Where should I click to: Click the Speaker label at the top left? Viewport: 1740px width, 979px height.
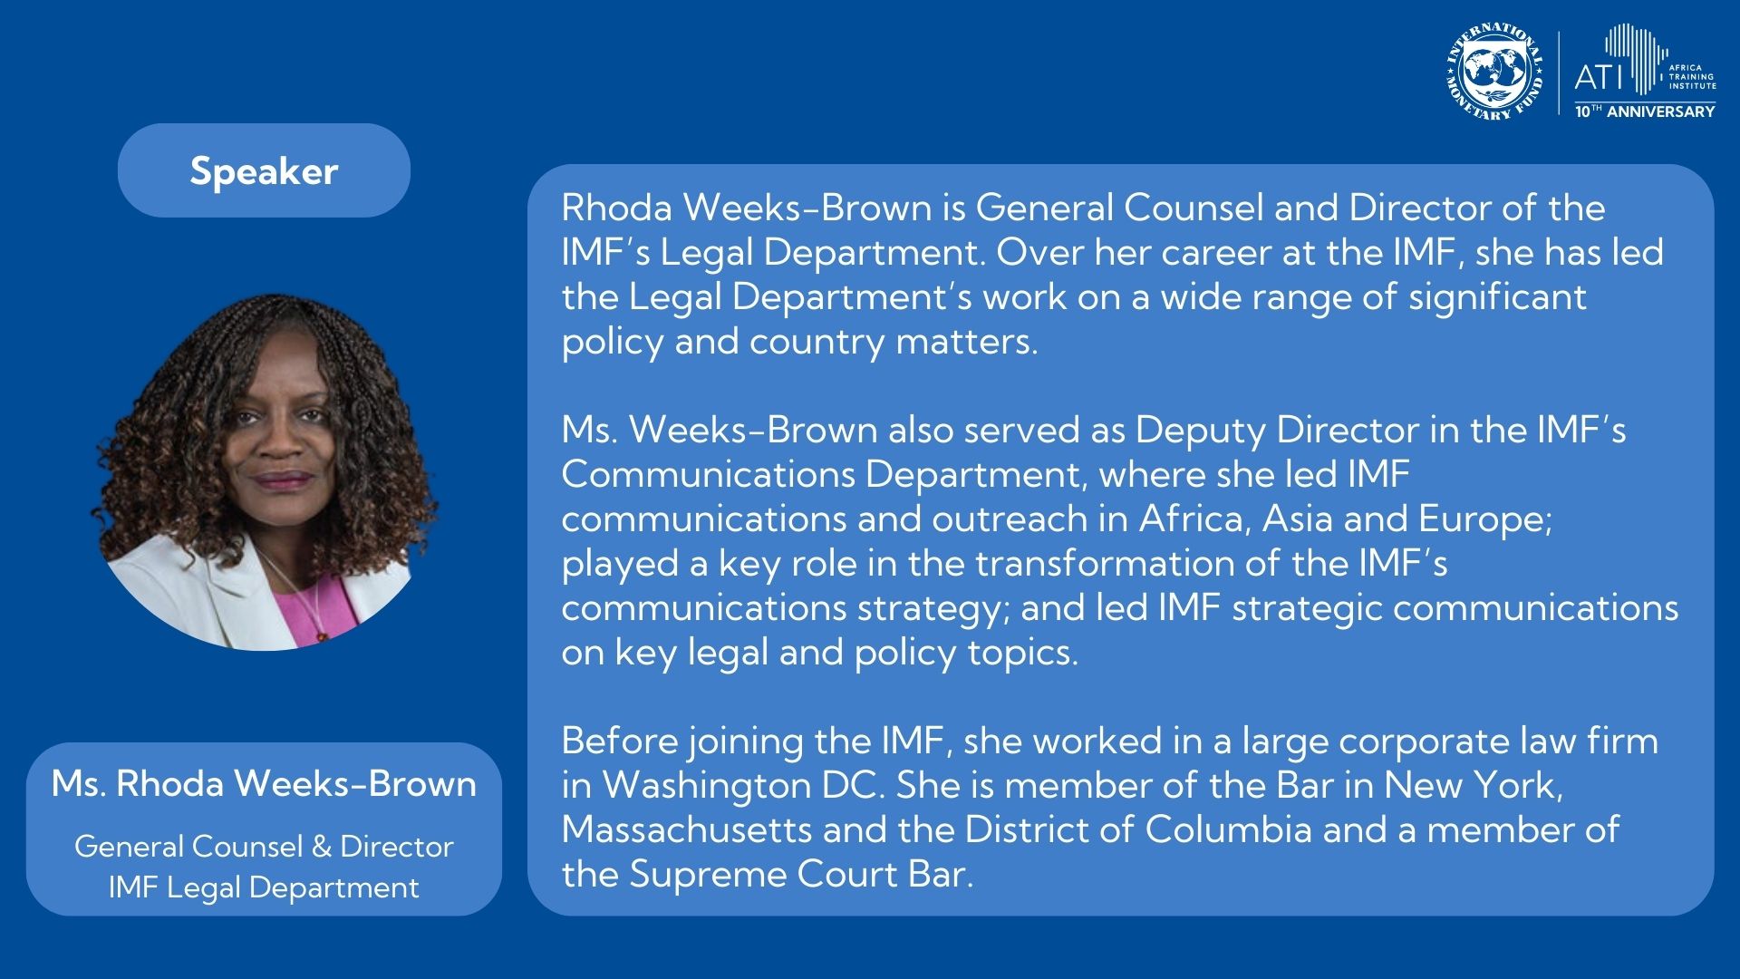(264, 170)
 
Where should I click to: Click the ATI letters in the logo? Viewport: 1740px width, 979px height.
(1600, 77)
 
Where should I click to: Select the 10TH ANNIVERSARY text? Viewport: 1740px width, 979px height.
(1645, 111)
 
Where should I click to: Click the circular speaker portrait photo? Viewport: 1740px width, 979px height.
(265, 471)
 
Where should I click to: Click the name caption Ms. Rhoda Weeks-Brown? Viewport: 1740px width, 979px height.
(264, 783)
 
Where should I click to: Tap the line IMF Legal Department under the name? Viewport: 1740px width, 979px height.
(264, 887)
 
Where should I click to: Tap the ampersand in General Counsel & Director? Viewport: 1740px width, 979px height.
(321, 847)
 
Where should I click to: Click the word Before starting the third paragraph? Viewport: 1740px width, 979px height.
(620, 741)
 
